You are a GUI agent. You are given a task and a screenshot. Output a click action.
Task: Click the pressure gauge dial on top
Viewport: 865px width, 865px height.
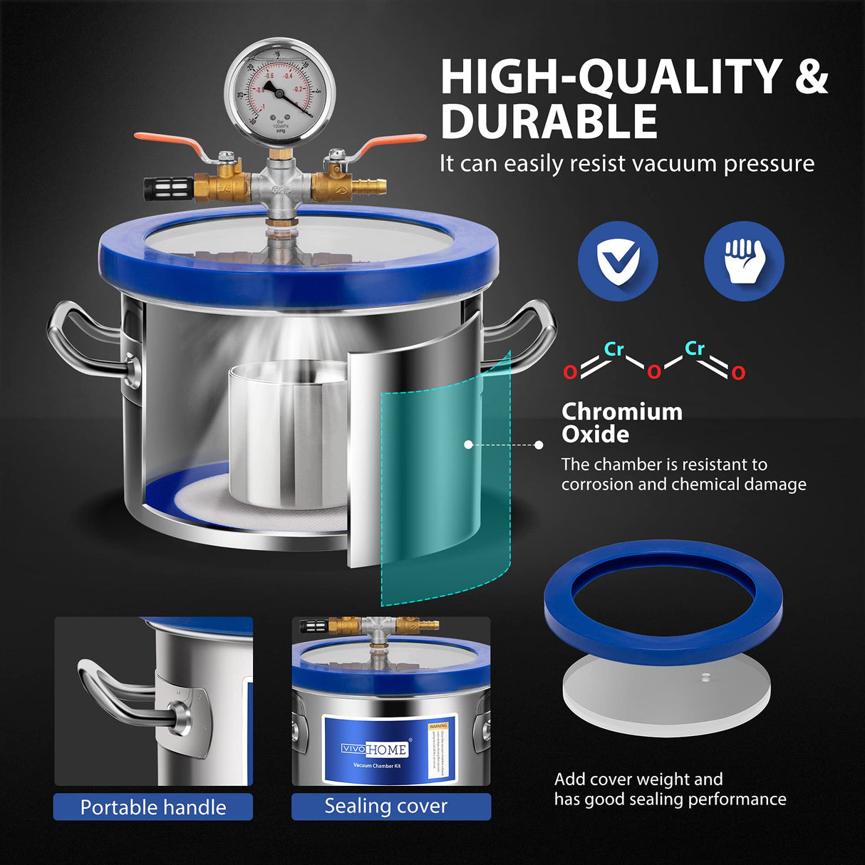279,93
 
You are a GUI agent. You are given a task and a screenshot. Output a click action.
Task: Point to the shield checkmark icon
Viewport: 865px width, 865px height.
617,261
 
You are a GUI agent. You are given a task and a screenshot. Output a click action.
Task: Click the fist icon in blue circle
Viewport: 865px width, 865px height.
743,261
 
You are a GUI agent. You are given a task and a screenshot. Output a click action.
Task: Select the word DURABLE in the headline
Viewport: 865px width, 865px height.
549,122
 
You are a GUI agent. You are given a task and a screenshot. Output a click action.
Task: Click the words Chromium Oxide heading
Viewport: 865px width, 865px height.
621,423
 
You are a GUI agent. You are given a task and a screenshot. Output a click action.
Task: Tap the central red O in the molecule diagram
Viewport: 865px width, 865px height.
653,371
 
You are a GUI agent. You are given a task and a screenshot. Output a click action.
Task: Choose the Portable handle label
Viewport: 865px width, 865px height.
153,807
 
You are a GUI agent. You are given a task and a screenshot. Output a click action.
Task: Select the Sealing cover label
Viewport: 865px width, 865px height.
386,806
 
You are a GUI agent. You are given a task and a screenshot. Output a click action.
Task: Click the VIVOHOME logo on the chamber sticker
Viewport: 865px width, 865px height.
375,749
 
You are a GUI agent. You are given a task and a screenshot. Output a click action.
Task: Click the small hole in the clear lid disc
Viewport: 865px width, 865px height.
705,677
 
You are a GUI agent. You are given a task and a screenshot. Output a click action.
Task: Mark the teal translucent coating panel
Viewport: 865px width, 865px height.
445,485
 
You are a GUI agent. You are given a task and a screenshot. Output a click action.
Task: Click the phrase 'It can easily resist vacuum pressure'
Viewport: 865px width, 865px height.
626,163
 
